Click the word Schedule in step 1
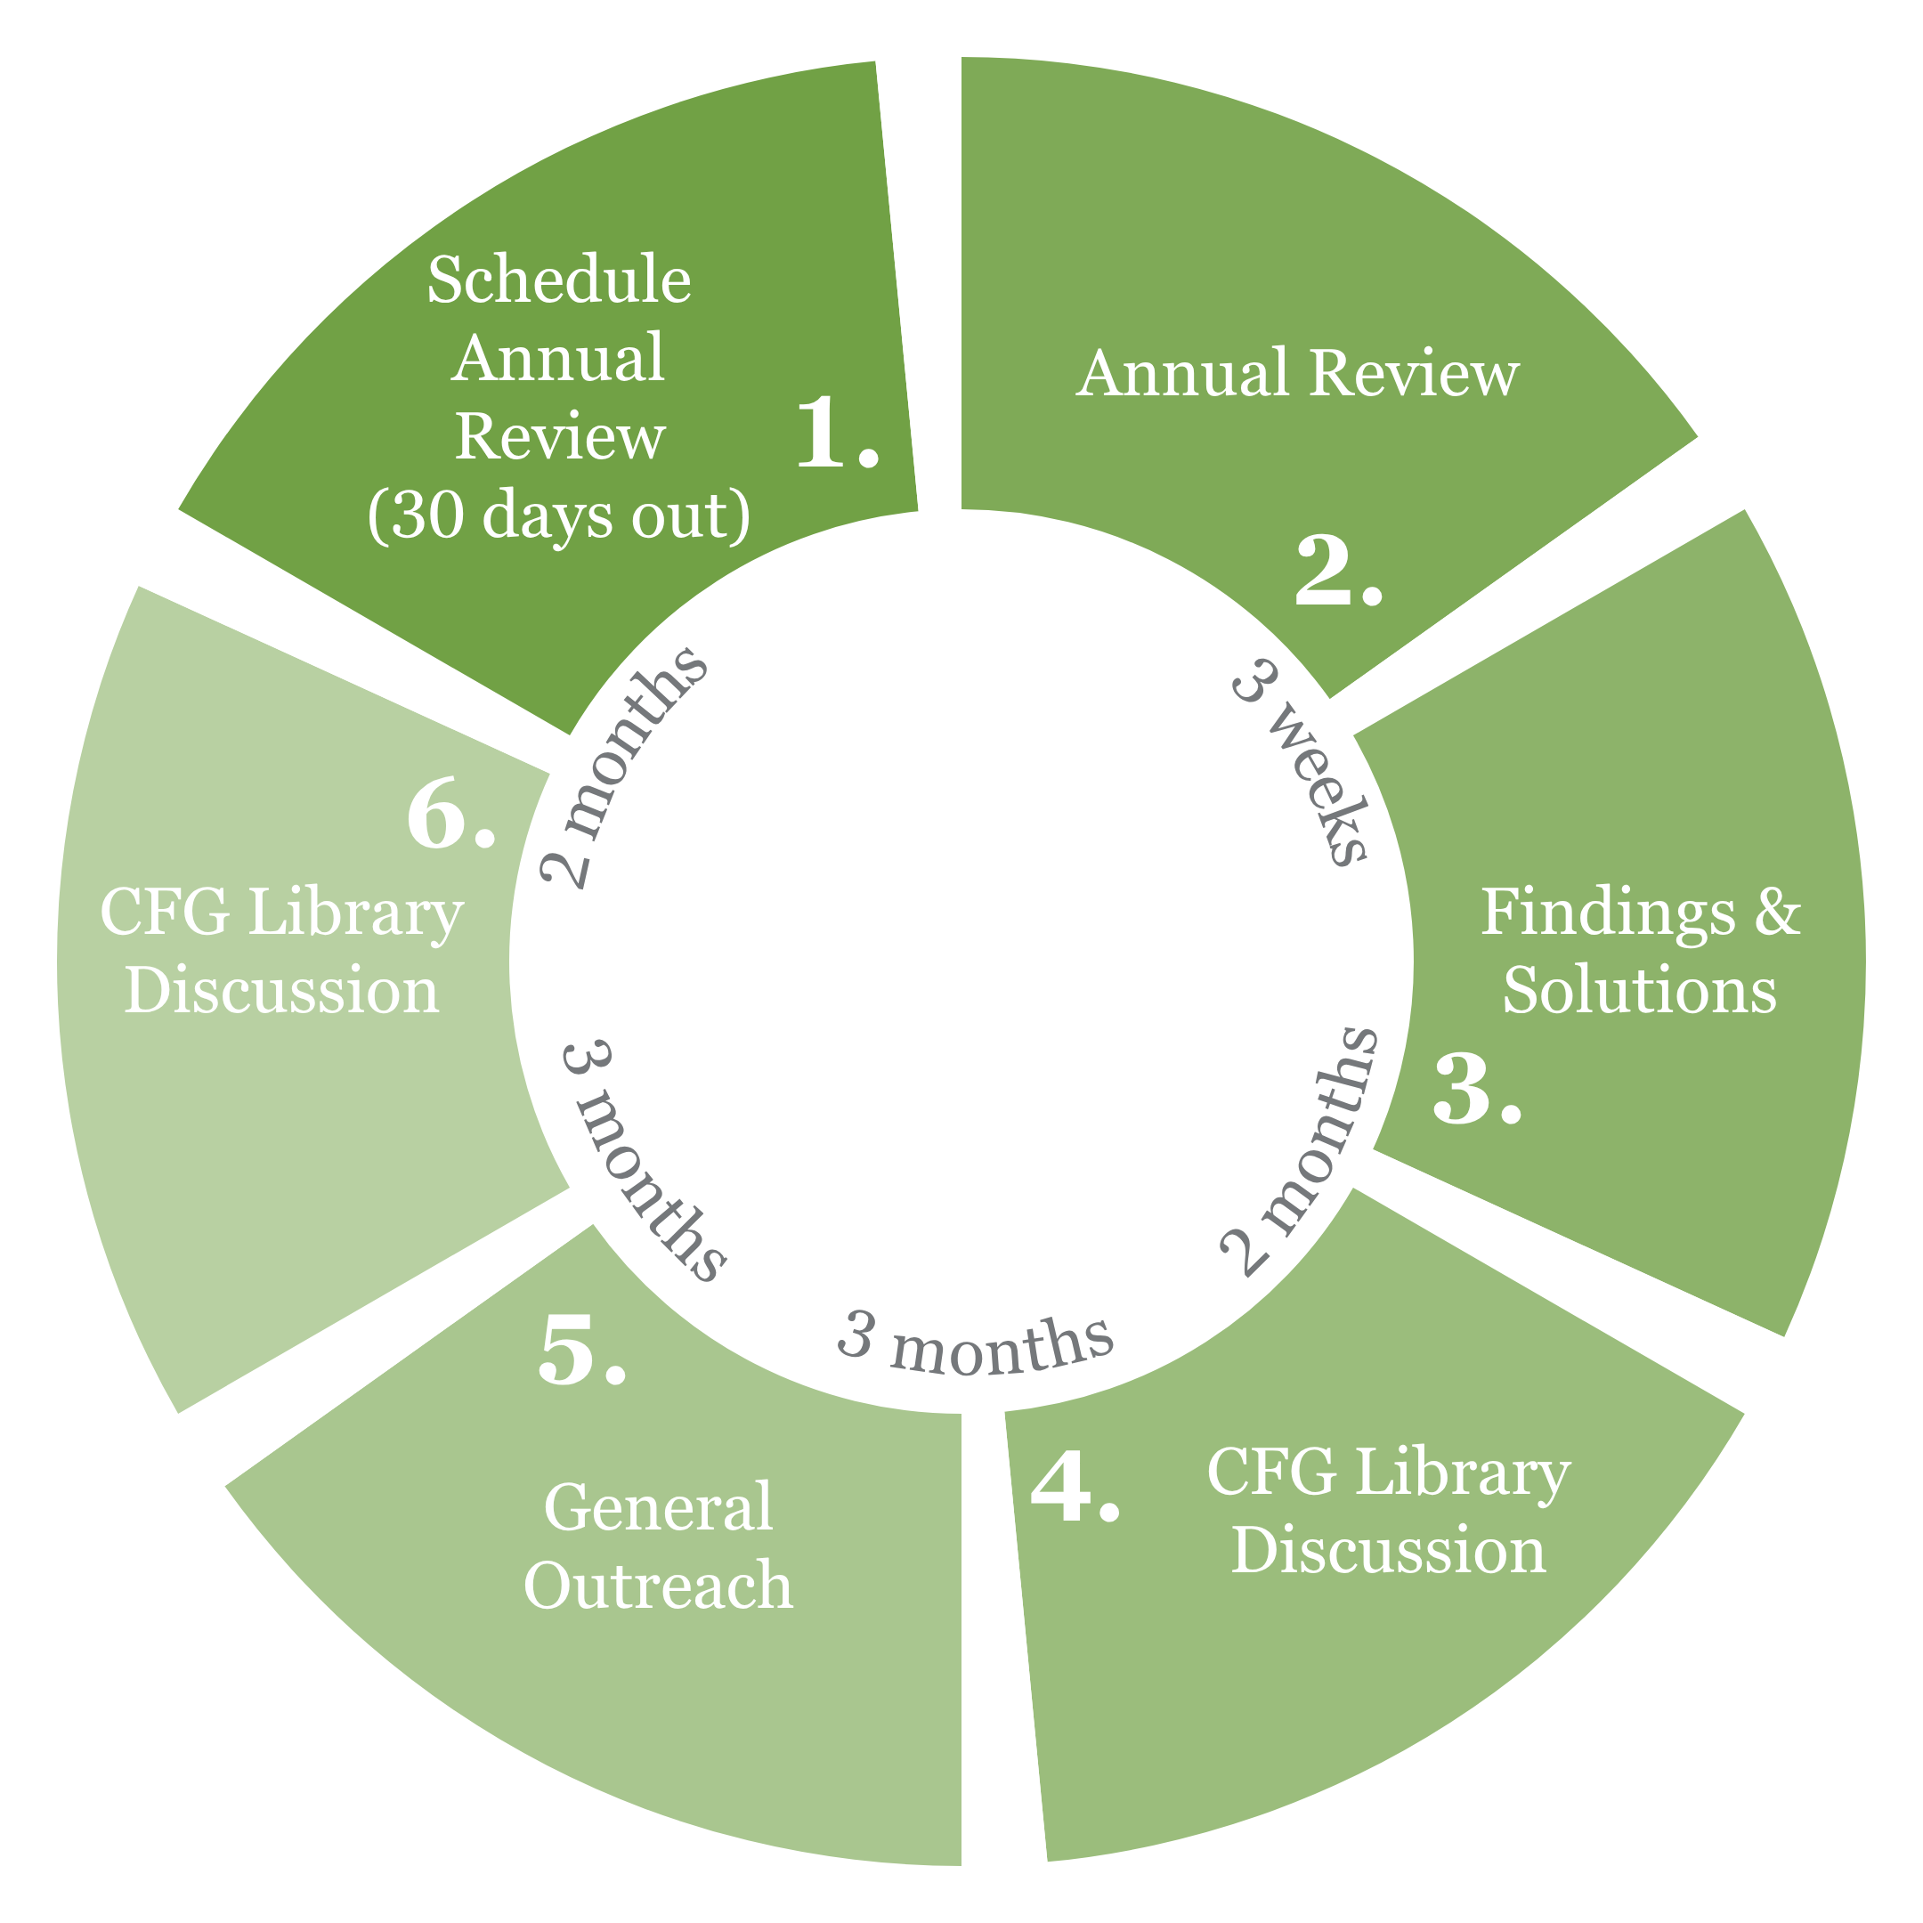point(559,280)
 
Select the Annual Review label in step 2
point(1298,374)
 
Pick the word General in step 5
point(658,1507)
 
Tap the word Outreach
point(658,1586)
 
